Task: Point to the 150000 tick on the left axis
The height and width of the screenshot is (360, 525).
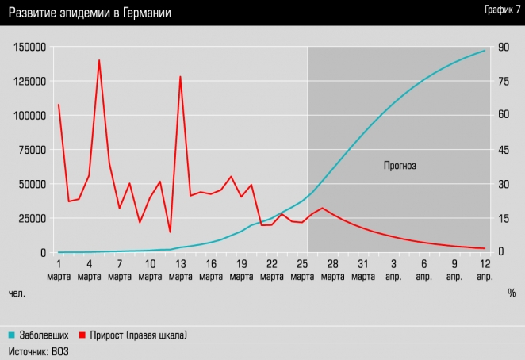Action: [x=29, y=47]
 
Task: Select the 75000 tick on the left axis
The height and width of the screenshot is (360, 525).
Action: [x=32, y=150]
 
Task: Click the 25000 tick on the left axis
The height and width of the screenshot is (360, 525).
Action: [x=32, y=218]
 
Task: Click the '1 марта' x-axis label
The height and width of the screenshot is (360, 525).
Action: [x=59, y=269]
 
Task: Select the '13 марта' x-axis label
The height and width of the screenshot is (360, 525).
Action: [x=180, y=269]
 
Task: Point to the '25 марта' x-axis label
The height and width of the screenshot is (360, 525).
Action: [x=302, y=269]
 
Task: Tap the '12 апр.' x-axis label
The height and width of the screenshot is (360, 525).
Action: [x=485, y=269]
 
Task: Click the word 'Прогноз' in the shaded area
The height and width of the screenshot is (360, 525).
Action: [x=400, y=166]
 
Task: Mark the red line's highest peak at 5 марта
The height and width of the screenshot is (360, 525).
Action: [x=99, y=60]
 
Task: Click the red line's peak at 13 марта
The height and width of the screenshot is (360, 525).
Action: [x=181, y=77]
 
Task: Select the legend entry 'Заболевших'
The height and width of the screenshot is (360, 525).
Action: [x=44, y=335]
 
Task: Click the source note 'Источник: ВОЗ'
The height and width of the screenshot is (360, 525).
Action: [x=38, y=351]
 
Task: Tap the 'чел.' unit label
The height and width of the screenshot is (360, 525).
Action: [x=17, y=293]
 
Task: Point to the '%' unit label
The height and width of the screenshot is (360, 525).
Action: [x=512, y=293]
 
